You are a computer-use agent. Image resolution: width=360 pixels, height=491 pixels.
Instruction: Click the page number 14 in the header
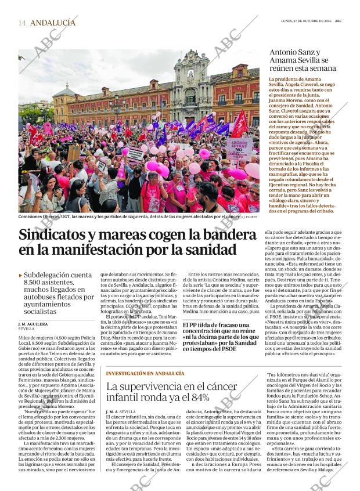tap(22, 23)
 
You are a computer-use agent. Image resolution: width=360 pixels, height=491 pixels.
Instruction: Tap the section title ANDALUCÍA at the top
tap(53, 23)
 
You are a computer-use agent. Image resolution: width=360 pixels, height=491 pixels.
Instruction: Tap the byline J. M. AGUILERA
tap(33, 323)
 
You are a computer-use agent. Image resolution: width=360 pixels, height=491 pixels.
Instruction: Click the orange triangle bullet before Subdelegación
tap(21, 275)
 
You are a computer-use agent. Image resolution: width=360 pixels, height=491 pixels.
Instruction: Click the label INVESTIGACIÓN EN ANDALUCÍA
tap(145, 373)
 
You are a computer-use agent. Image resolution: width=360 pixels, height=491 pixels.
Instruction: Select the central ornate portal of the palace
tap(191, 87)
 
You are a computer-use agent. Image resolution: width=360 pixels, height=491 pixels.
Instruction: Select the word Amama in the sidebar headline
tap(287, 60)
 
